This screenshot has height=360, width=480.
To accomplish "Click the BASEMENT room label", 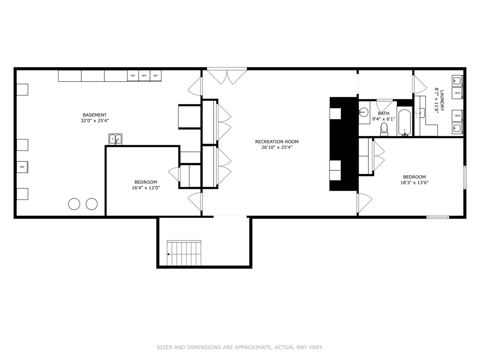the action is click(x=95, y=115).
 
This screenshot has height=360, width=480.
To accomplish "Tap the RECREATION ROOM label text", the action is click(x=277, y=142).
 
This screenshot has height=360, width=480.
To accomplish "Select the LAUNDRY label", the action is click(x=442, y=100).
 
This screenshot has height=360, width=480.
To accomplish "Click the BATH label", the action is click(x=384, y=113).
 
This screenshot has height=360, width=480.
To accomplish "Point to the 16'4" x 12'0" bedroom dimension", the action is click(x=146, y=188).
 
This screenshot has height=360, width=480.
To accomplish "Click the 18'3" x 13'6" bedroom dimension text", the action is click(x=414, y=182).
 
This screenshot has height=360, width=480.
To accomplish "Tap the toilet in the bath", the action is click(x=384, y=129).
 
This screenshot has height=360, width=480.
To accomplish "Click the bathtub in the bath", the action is click(x=404, y=122).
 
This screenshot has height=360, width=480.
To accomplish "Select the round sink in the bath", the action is click(x=363, y=112).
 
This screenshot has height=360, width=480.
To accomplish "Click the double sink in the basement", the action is click(x=116, y=139).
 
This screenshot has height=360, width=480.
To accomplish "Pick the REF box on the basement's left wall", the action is click(x=22, y=167).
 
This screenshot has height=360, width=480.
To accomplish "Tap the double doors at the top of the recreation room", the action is click(x=227, y=76).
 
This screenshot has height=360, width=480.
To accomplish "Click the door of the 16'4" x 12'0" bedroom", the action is click(x=174, y=174).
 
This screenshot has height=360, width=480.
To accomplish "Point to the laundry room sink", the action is click(x=420, y=113).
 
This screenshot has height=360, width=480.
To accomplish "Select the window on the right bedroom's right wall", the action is click(x=465, y=177).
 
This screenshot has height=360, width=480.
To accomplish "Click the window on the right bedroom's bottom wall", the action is click(x=438, y=217).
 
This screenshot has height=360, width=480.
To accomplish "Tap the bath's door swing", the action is click(x=384, y=106).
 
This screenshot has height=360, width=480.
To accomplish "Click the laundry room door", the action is click(x=420, y=84).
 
